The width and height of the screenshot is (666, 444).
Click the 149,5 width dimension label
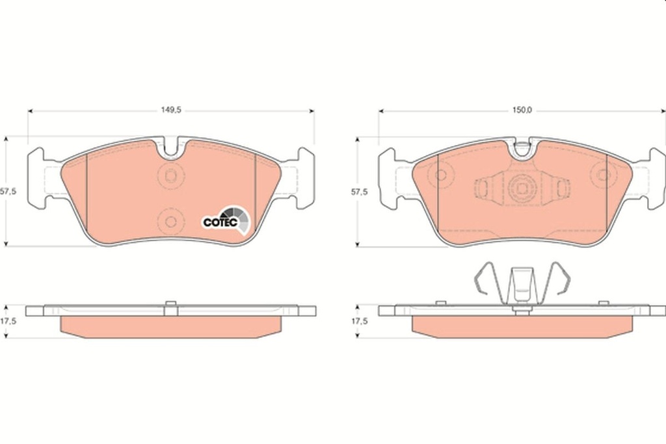coord(170,111)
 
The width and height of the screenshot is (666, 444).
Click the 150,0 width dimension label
coord(522,111)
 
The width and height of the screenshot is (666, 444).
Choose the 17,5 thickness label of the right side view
coord(360,321)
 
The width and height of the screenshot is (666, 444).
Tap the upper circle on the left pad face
coord(170,175)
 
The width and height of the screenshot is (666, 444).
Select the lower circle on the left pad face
coord(170,221)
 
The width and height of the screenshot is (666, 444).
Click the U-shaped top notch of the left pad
coord(171,148)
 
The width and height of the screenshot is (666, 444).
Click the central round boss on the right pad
coord(522,189)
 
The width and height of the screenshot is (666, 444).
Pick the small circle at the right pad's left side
coord(441,175)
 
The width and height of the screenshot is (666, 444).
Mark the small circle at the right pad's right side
coord(603,175)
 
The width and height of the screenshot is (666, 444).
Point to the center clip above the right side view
coord(522,286)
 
